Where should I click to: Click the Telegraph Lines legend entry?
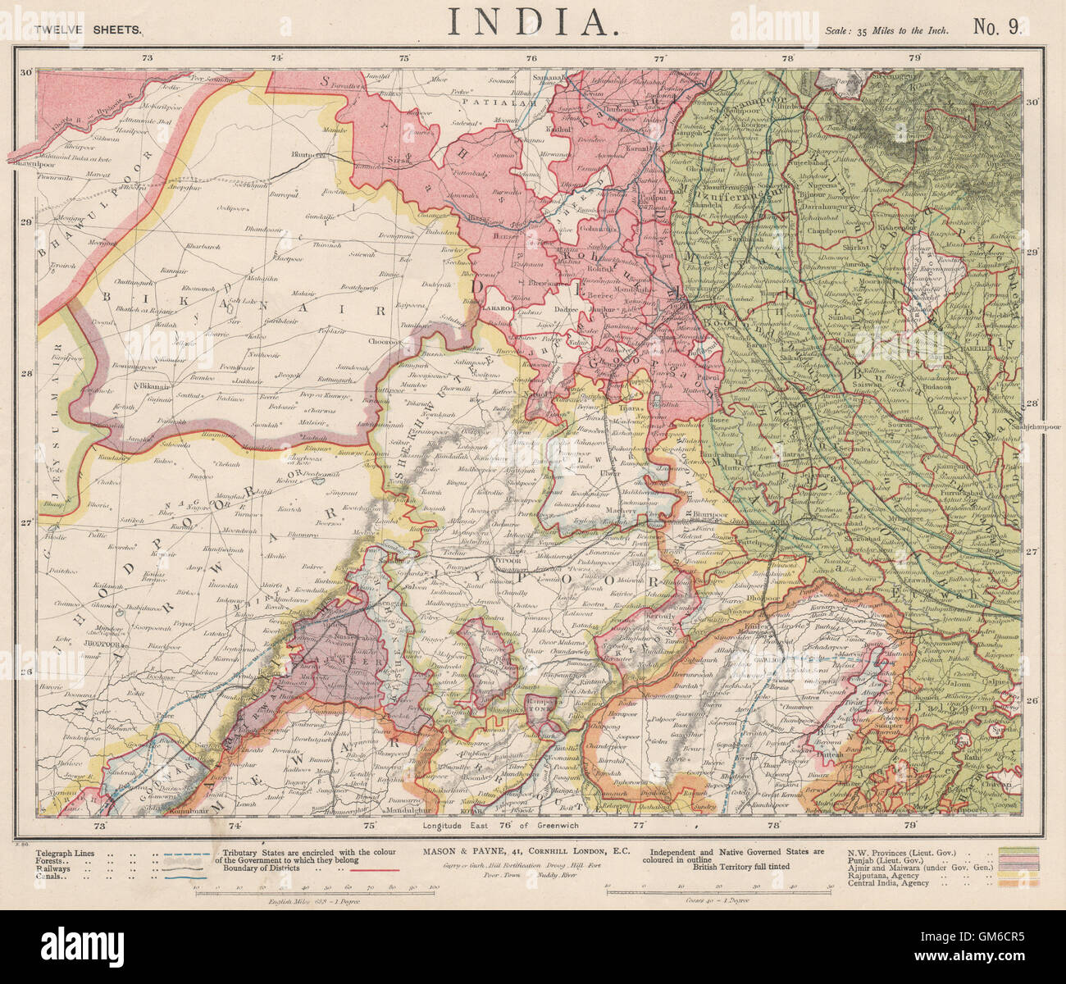pyautogui.click(x=65, y=853)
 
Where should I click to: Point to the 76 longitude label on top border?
pyautogui.click(x=531, y=58)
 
